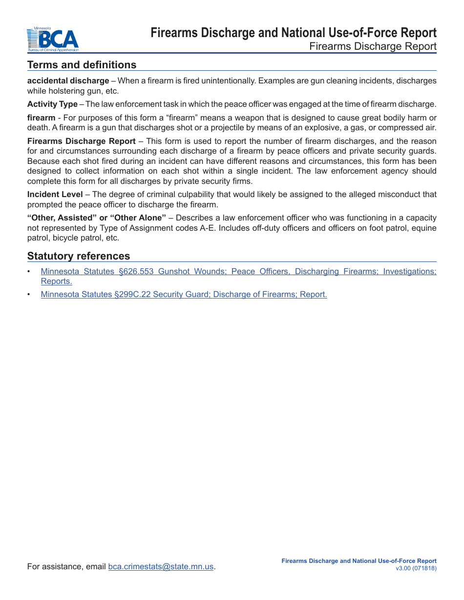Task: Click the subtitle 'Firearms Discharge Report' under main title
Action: pyautogui.click(x=373, y=46)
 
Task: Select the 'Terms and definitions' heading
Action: pyautogui.click(x=82, y=65)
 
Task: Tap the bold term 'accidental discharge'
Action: pyautogui.click(x=68, y=80)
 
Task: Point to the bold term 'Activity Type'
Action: pyautogui.click(x=52, y=104)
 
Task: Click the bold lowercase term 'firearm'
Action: pyautogui.click(x=41, y=118)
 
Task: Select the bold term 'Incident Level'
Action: pyautogui.click(x=55, y=195)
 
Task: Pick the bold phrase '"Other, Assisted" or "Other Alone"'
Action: pyautogui.click(x=97, y=218)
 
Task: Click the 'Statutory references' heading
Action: pyautogui.click(x=79, y=256)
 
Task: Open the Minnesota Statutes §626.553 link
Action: pyautogui.click(x=238, y=271)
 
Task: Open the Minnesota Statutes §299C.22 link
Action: pyautogui.click(x=184, y=295)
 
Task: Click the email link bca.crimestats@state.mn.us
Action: pyautogui.click(x=161, y=567)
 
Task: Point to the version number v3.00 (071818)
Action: pyautogui.click(x=416, y=568)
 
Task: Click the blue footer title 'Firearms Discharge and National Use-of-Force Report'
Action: pyautogui.click(x=359, y=561)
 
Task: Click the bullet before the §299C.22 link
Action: pyautogui.click(x=29, y=295)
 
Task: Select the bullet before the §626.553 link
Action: pyautogui.click(x=29, y=271)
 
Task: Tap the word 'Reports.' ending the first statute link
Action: pyautogui.click(x=57, y=281)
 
